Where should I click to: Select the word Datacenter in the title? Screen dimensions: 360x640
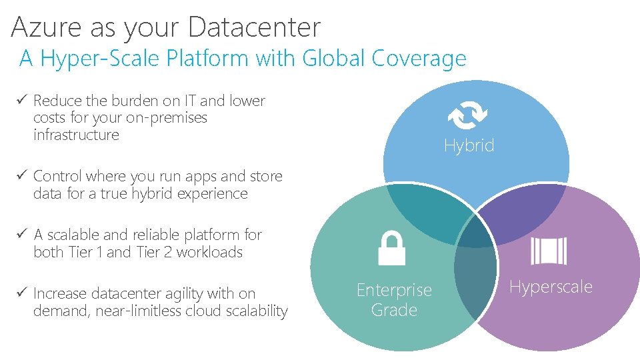(254, 27)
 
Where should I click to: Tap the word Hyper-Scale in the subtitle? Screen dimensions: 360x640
(100, 59)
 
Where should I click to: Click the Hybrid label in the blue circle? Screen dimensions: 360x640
(469, 145)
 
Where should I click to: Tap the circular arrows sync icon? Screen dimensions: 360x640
(468, 115)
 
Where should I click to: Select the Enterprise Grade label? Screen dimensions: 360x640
(394, 300)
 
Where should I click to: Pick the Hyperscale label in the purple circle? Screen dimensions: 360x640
(551, 287)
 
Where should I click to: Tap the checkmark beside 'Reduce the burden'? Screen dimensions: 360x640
(22, 101)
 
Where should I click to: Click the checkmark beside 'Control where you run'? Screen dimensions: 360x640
(22, 176)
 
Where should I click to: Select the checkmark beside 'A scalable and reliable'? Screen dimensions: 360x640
(22, 235)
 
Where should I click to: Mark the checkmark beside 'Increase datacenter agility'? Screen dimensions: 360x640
(22, 293)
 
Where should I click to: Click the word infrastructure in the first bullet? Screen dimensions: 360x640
(76, 135)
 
